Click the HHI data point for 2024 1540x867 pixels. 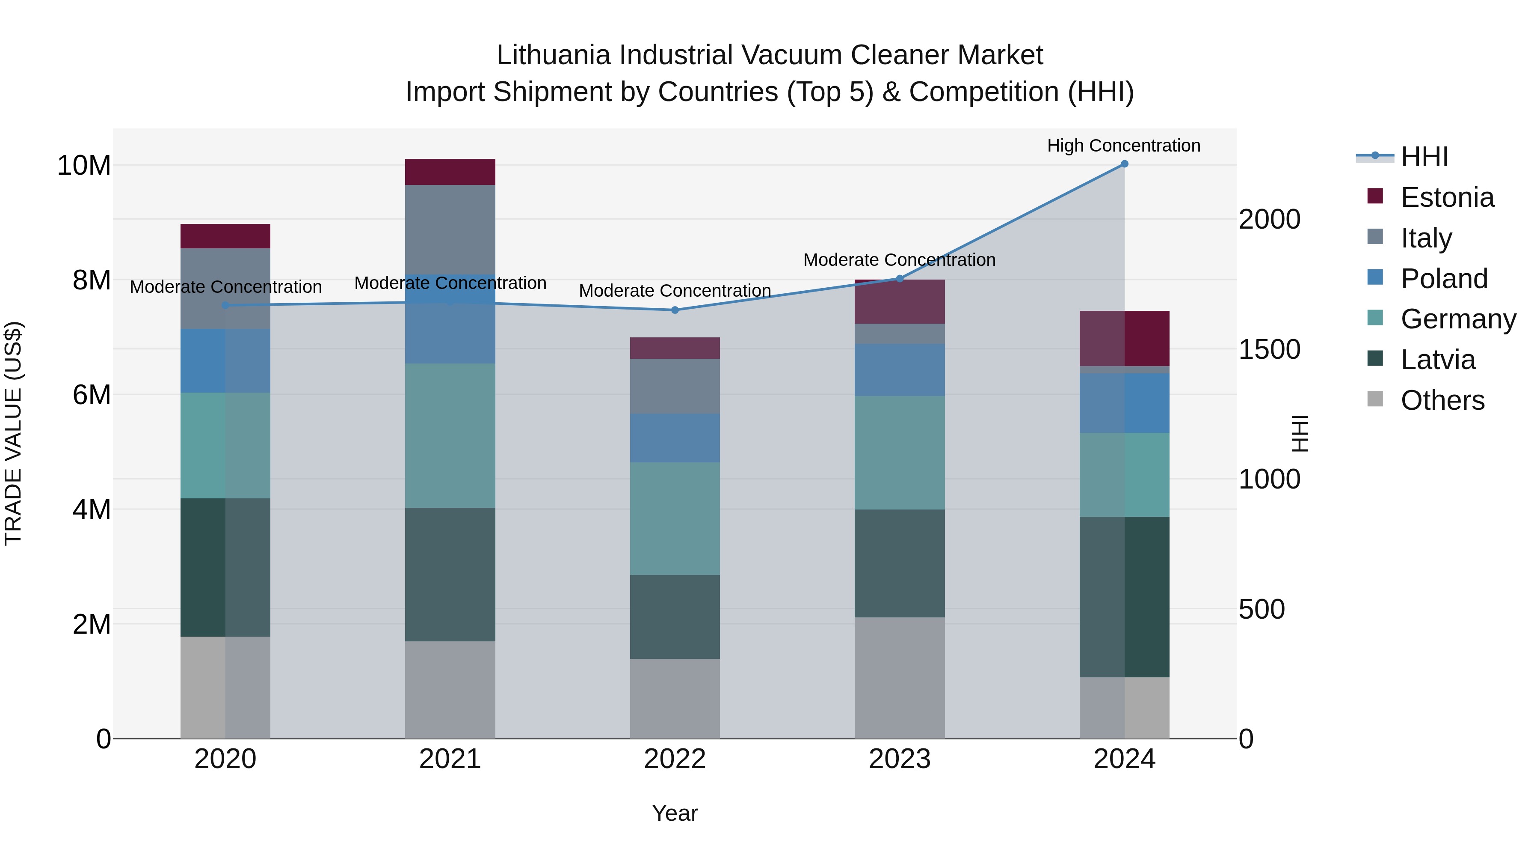pos(1124,164)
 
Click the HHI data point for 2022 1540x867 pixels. pos(675,310)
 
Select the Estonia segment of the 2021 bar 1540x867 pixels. pos(450,172)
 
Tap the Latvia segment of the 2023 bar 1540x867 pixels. pos(900,563)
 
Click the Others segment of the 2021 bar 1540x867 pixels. pos(450,689)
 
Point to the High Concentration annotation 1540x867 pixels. pos(1123,146)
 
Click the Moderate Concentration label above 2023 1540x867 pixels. pos(899,260)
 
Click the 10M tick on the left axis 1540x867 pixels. pos(84,166)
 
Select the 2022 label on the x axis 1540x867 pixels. pos(675,759)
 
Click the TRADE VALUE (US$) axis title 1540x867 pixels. pos(13,433)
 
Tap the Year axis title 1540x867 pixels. pos(675,813)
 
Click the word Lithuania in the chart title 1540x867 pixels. pos(553,55)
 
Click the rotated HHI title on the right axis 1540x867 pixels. pos(1298,433)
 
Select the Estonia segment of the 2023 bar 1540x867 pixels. pos(900,301)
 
